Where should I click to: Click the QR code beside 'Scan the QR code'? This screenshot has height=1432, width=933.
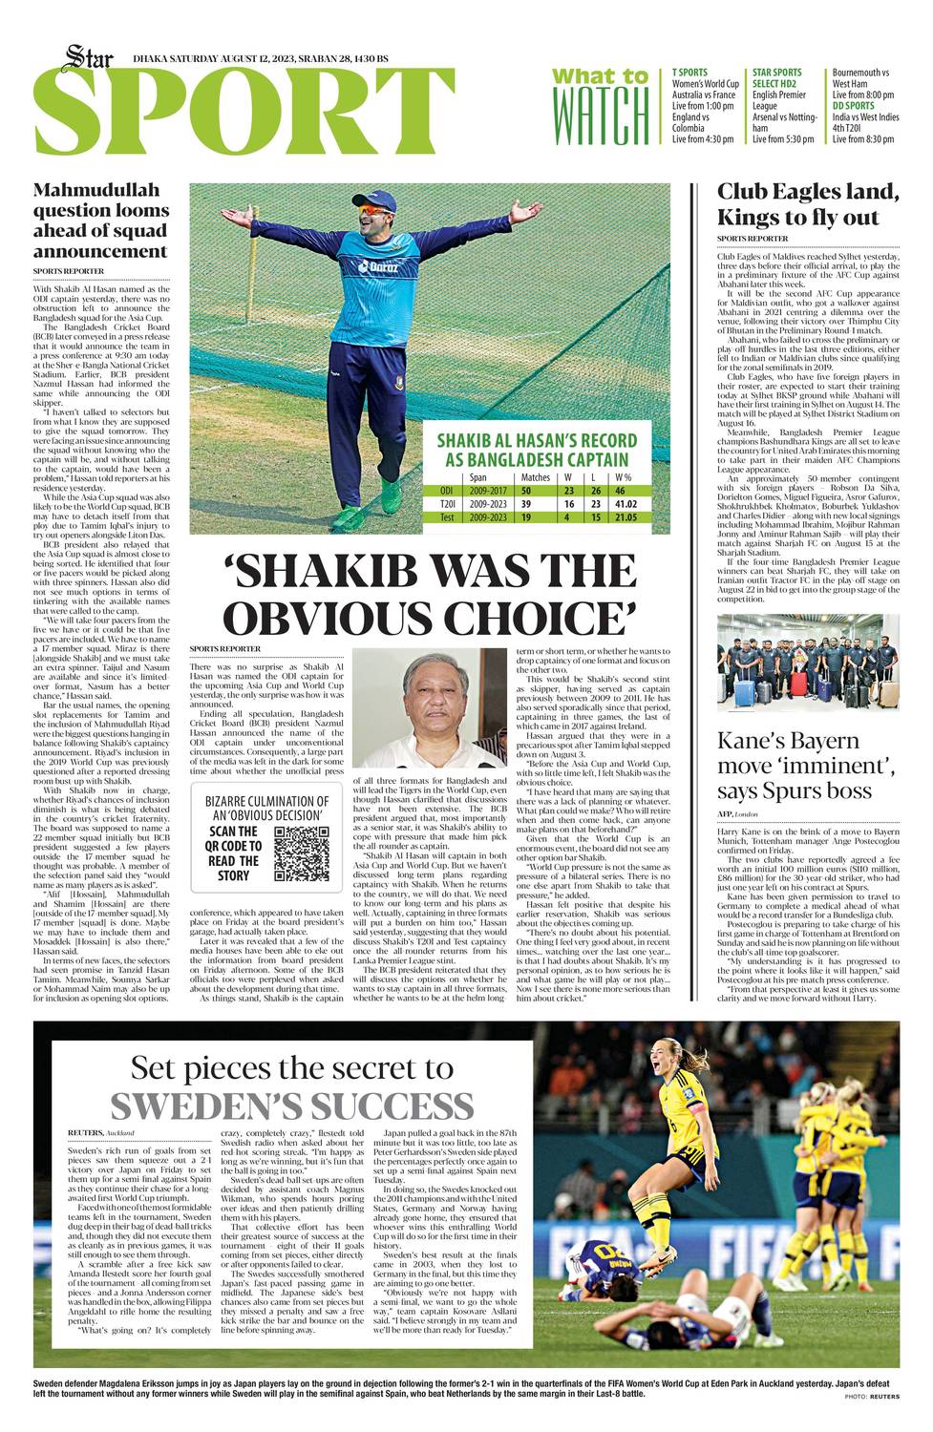click(302, 853)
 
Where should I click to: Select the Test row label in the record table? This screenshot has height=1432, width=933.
click(447, 517)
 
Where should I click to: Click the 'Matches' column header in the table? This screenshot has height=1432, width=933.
click(535, 477)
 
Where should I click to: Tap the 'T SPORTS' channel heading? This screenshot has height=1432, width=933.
click(690, 73)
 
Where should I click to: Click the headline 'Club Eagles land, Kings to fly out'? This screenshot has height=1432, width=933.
click(808, 204)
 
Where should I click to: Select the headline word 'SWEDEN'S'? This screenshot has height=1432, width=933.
click(291, 1106)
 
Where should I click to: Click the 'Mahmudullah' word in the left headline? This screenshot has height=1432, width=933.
click(96, 189)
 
